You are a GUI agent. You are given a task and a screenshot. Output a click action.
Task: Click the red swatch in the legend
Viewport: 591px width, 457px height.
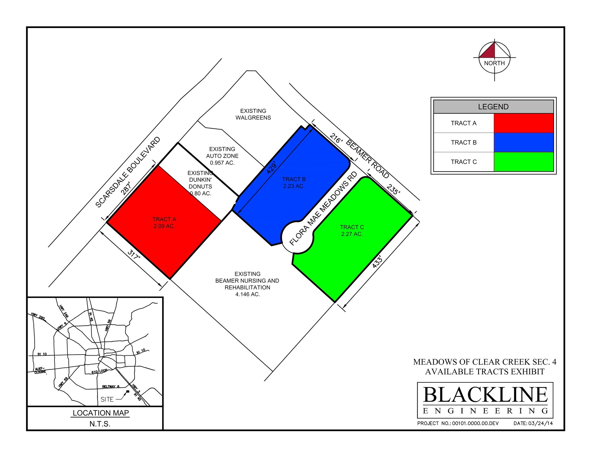[523, 123]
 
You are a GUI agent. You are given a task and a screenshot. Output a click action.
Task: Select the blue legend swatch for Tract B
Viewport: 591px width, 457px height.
[523, 142]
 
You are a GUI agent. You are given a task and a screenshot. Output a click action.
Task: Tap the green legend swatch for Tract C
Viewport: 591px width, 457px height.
[523, 162]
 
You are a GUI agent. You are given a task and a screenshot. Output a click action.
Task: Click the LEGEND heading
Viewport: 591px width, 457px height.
[493, 107]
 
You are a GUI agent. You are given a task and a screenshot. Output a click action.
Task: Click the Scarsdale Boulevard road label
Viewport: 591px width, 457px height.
[128, 172]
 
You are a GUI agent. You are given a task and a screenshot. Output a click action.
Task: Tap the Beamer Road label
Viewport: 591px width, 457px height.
[368, 159]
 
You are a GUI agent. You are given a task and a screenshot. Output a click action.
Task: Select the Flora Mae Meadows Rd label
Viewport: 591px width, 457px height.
[323, 208]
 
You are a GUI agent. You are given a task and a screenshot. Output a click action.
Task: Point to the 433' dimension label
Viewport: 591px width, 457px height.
[377, 262]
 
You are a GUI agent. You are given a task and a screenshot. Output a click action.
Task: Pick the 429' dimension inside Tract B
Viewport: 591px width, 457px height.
[272, 167]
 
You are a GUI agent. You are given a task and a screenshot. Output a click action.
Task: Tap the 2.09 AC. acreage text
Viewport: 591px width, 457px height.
[164, 226]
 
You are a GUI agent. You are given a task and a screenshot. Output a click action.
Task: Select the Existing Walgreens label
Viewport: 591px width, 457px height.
[253, 114]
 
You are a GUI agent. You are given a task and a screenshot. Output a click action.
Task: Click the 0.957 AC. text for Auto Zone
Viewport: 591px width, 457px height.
[222, 163]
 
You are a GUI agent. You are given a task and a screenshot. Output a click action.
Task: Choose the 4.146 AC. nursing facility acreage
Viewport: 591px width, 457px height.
[248, 294]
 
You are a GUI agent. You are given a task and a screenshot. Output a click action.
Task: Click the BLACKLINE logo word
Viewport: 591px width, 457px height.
[485, 395]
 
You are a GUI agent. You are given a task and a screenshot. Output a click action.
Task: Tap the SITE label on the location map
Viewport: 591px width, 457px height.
[107, 399]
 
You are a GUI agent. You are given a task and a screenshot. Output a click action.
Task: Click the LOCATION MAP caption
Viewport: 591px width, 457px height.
[101, 413]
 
